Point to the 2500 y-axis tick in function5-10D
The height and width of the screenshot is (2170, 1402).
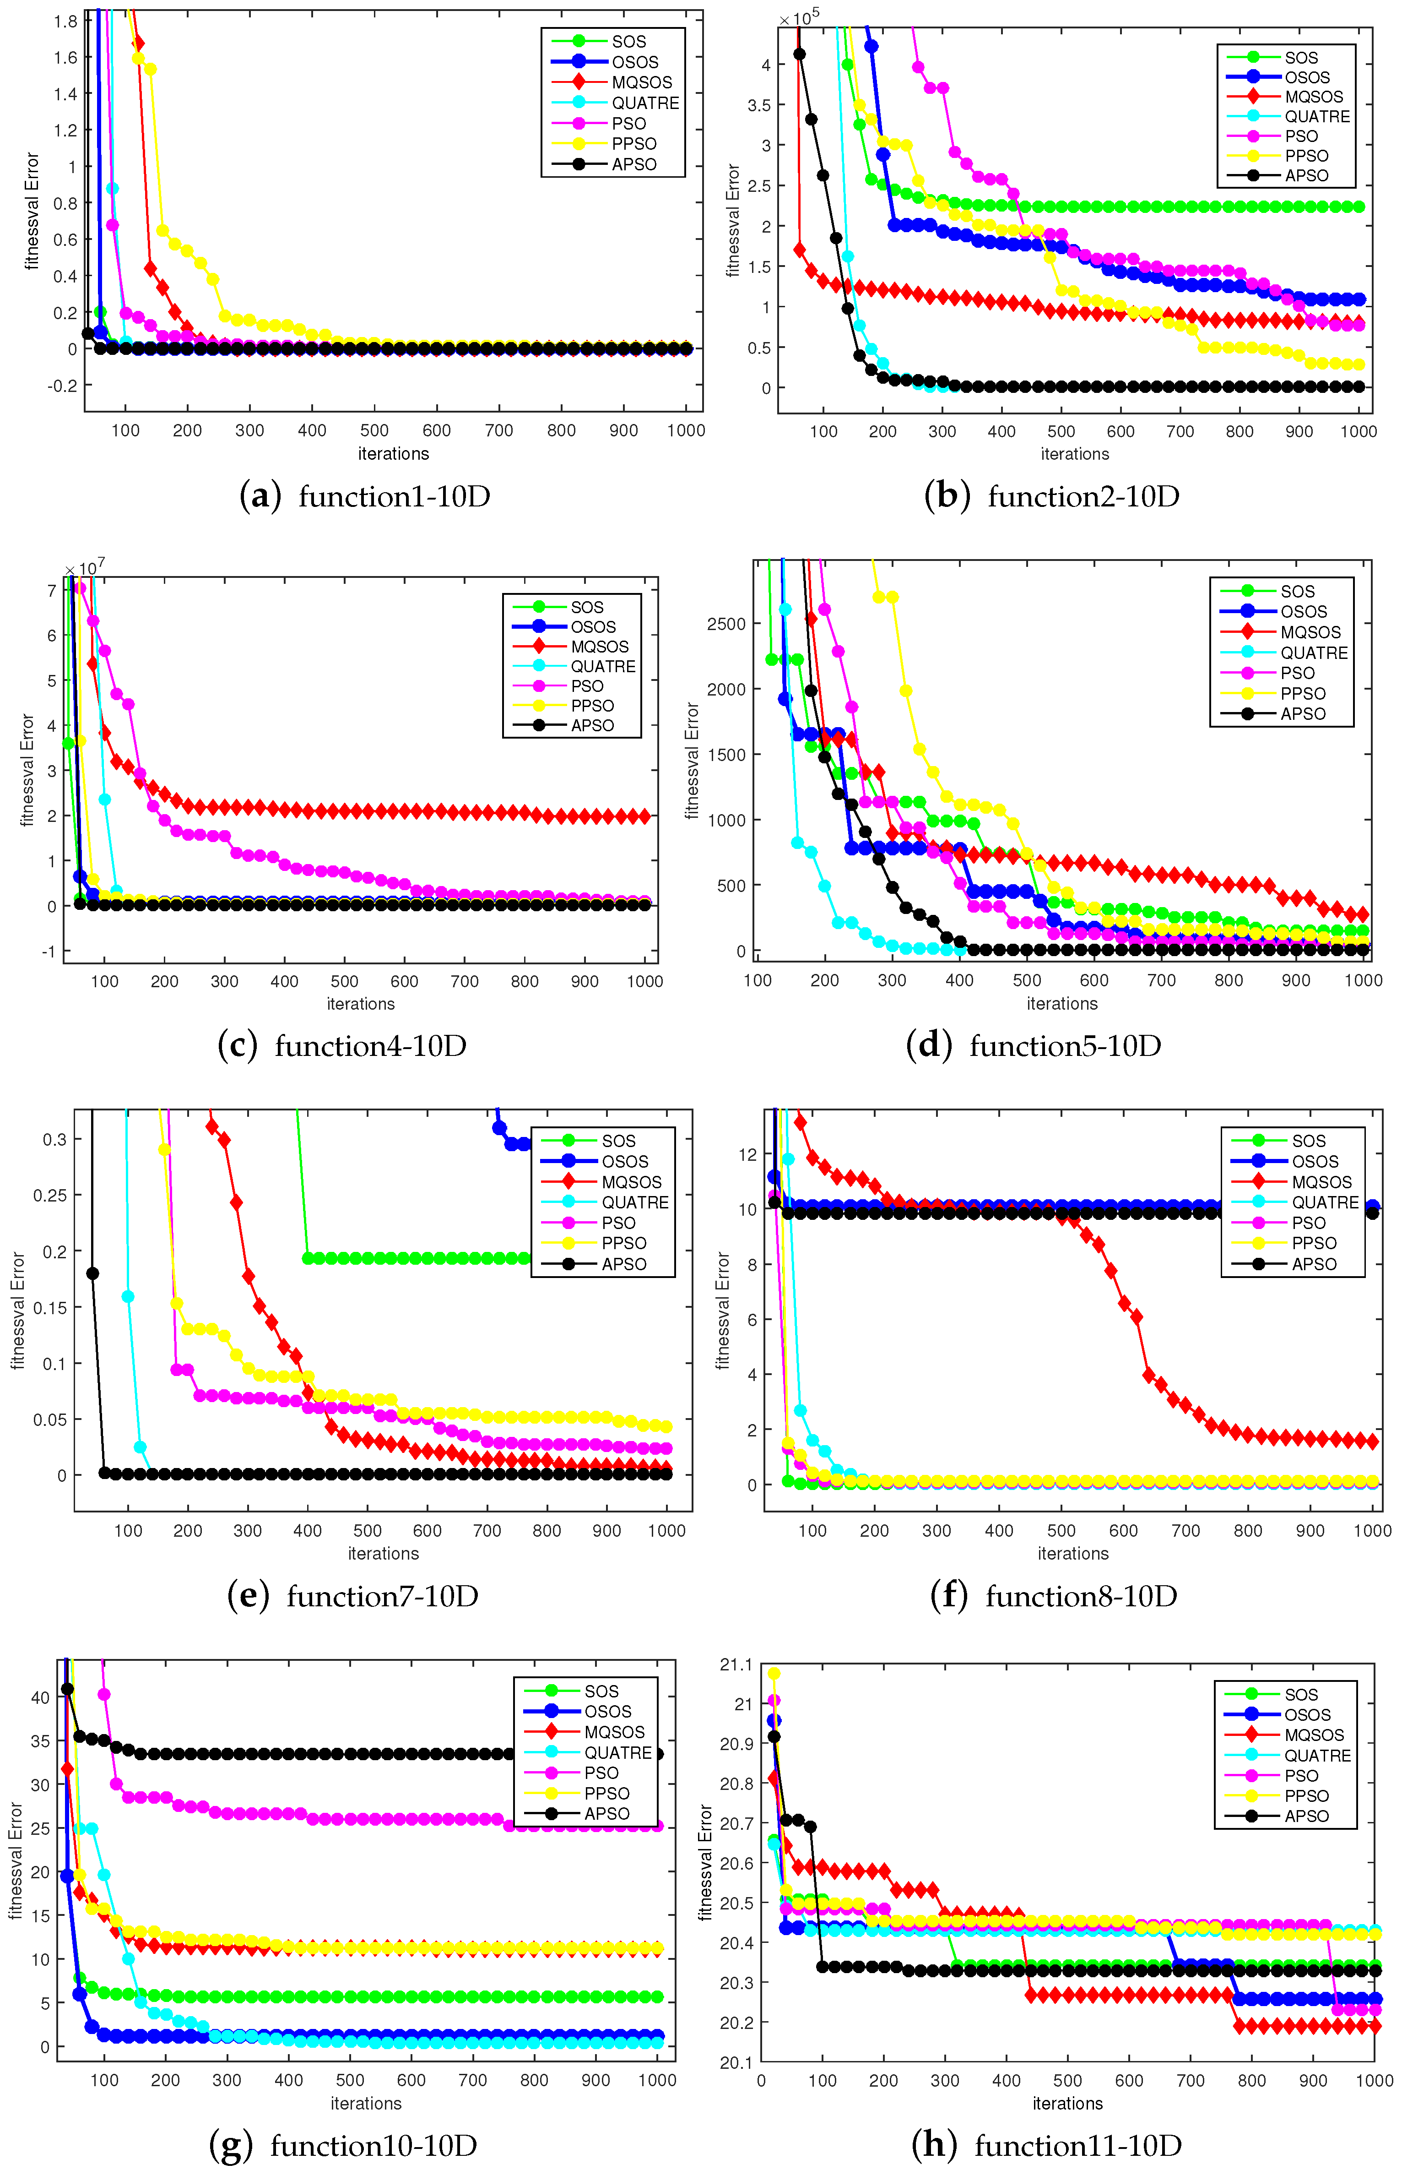coord(725,624)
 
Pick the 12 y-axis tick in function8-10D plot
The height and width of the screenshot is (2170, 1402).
coord(747,1155)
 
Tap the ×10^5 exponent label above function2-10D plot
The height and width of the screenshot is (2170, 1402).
coord(799,18)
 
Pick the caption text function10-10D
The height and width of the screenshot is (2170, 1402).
coord(373,2145)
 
